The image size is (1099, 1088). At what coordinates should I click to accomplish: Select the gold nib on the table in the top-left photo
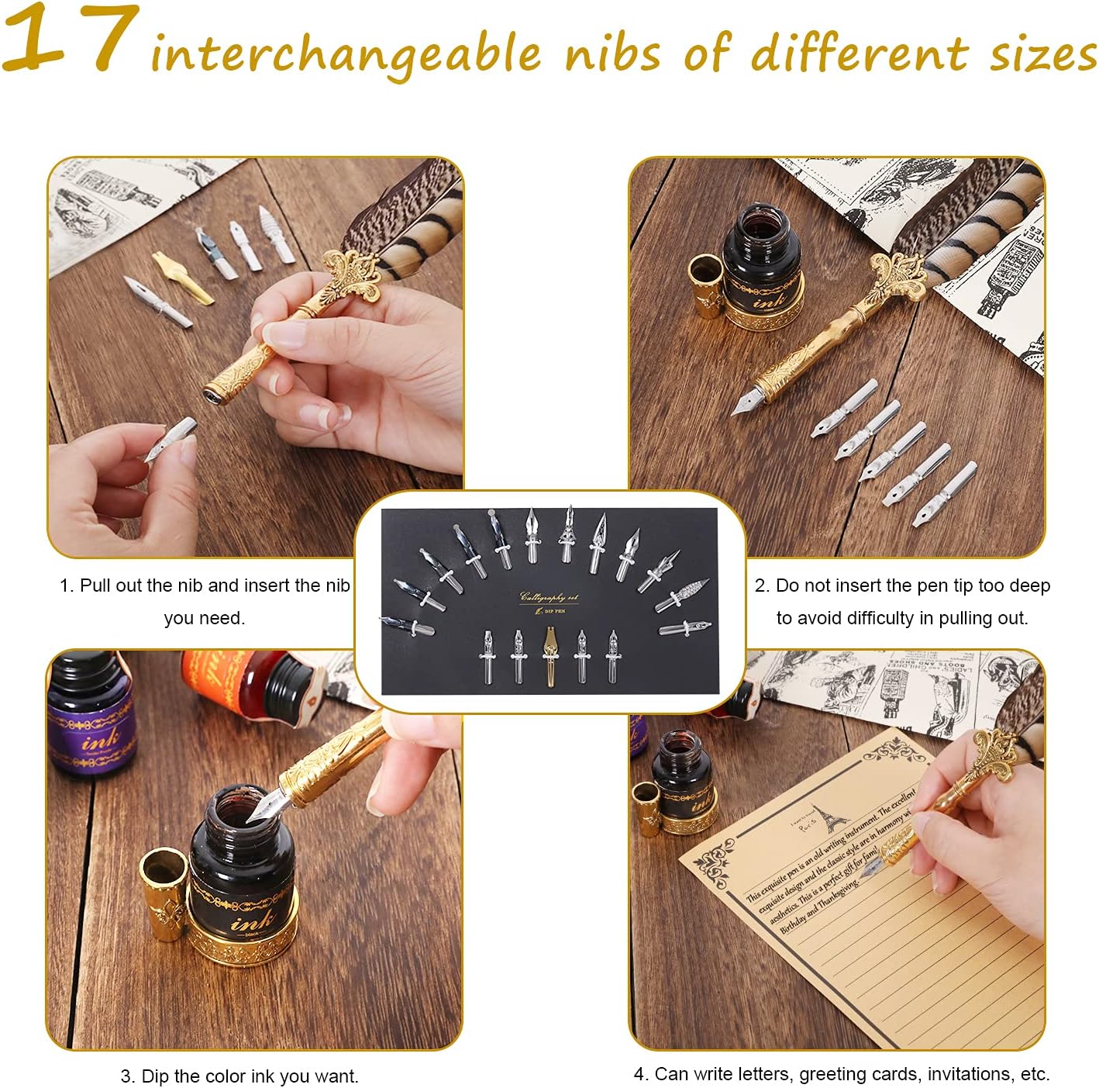coord(182,277)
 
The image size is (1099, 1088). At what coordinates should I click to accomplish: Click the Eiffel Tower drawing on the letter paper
coord(828,817)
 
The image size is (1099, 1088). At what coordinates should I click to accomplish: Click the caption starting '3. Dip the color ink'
coord(239,1076)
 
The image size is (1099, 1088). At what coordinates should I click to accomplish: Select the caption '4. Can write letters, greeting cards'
coord(841,1073)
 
